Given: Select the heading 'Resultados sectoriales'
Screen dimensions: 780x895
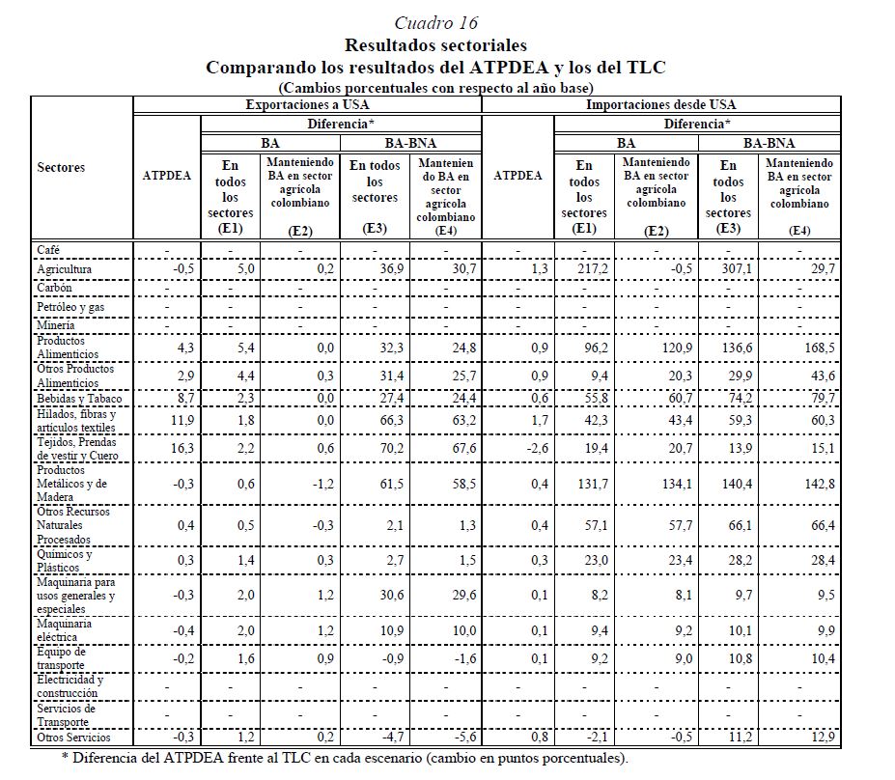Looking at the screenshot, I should coord(435,44).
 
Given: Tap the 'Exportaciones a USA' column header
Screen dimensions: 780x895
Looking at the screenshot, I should coord(306,104).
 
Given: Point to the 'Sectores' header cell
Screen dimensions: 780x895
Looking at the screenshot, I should coord(61,167).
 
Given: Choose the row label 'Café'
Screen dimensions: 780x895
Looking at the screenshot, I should coord(49,250).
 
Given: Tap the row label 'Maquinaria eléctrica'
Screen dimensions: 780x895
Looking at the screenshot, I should coord(65,630).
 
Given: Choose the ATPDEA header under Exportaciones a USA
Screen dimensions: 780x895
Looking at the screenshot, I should coord(166,177).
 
